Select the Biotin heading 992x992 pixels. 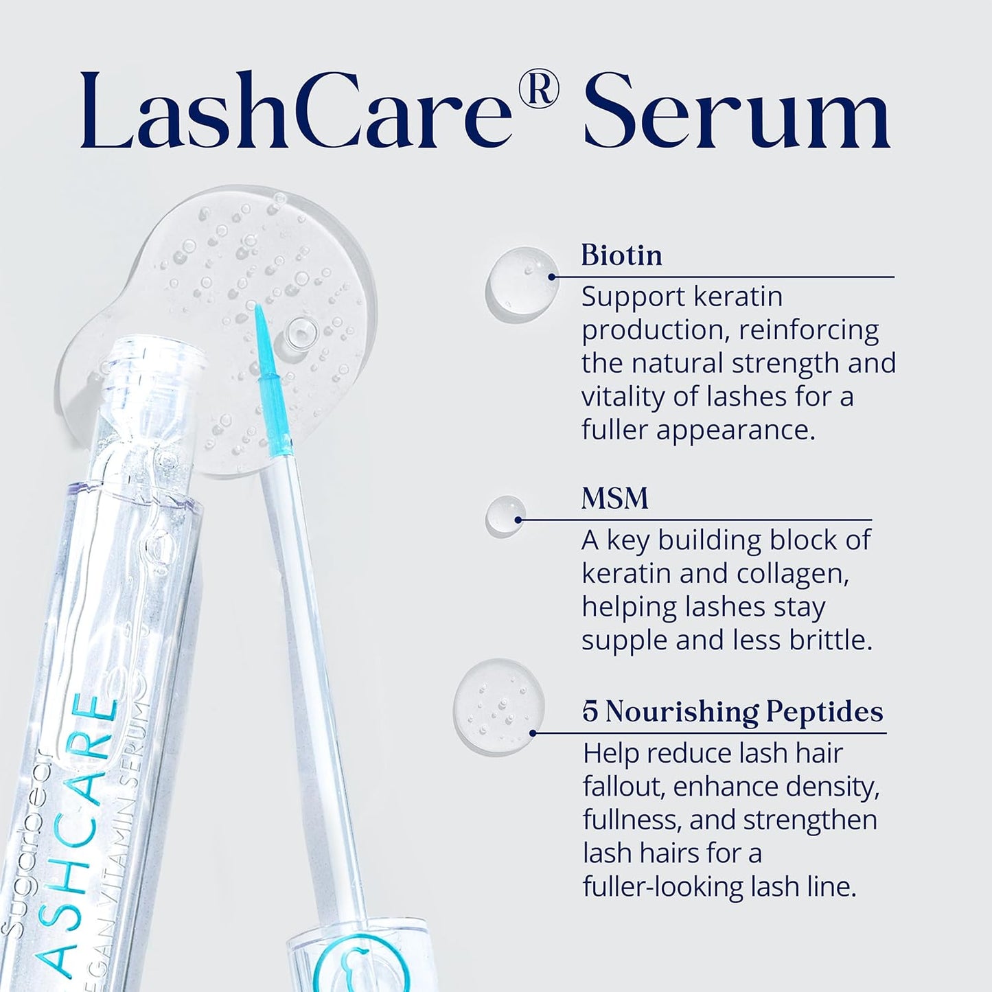coord(621,255)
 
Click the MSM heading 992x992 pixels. coord(614,498)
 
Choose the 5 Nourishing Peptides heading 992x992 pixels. coord(733,711)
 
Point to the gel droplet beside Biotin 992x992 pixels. coord(521,284)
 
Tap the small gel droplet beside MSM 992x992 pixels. coord(505,516)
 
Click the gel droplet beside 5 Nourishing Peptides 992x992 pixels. coord(498,706)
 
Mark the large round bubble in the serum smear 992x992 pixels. coord(299,334)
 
